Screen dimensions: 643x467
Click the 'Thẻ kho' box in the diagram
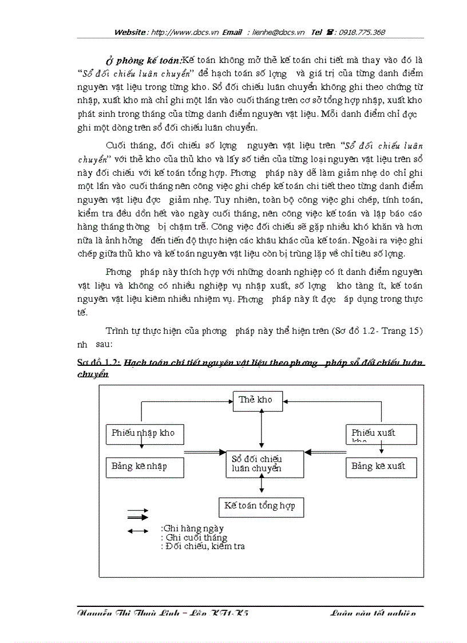click(x=258, y=401)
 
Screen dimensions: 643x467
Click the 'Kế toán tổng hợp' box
click(x=261, y=507)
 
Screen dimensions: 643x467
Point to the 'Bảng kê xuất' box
click(x=381, y=467)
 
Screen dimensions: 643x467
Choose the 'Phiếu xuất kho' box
click(x=381, y=434)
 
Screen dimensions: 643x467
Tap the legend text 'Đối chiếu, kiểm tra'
click(x=204, y=546)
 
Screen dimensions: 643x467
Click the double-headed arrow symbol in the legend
click(x=137, y=531)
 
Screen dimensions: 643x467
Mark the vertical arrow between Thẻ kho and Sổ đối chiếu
click(x=262, y=429)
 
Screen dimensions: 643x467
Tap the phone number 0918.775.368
click(x=362, y=33)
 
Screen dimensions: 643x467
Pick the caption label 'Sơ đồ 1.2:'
click(x=99, y=362)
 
